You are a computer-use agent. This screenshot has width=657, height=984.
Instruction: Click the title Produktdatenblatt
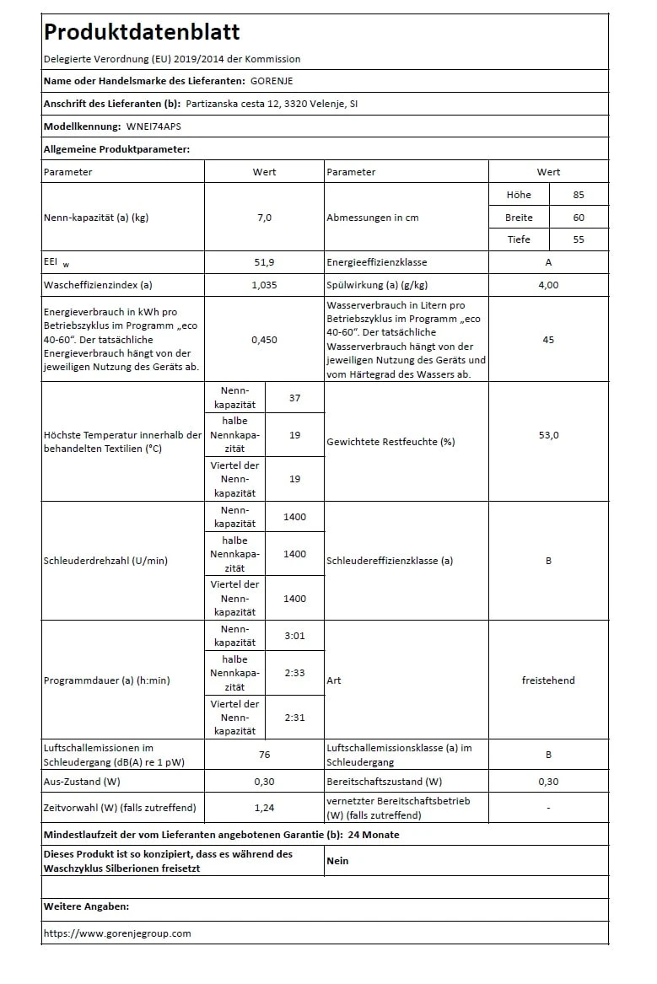pyautogui.click(x=142, y=32)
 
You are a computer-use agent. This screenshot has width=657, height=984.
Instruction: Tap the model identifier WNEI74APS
pyautogui.click(x=153, y=126)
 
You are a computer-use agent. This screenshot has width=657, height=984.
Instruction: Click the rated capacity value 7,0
pyautogui.click(x=264, y=217)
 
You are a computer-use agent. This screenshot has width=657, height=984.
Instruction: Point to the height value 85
pyautogui.click(x=578, y=194)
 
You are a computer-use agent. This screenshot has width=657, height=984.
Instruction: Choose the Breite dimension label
pyautogui.click(x=519, y=217)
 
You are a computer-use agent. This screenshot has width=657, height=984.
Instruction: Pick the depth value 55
pyautogui.click(x=578, y=239)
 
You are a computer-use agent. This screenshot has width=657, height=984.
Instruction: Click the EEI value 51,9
pyautogui.click(x=264, y=262)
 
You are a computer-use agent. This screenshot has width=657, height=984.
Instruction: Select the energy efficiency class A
pyautogui.click(x=548, y=262)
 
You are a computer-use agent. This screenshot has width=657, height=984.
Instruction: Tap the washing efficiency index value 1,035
pyautogui.click(x=264, y=285)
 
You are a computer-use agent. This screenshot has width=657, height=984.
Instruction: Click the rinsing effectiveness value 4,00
pyautogui.click(x=548, y=285)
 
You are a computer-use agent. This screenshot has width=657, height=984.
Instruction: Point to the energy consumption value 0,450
pyautogui.click(x=264, y=339)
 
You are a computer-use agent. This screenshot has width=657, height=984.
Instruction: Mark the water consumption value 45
pyautogui.click(x=548, y=339)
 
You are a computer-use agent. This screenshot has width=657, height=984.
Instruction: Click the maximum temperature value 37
pyautogui.click(x=294, y=397)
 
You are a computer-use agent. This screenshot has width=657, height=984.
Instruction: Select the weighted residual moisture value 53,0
pyautogui.click(x=548, y=435)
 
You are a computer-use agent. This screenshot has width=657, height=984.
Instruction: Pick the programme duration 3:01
pyautogui.click(x=294, y=636)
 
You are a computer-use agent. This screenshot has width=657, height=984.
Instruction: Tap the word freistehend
pyautogui.click(x=548, y=680)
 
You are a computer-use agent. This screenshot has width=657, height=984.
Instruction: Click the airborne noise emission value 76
pyautogui.click(x=264, y=755)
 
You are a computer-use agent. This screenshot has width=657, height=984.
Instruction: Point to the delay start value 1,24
pyautogui.click(x=264, y=808)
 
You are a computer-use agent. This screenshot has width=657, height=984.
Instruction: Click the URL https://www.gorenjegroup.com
pyautogui.click(x=117, y=933)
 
